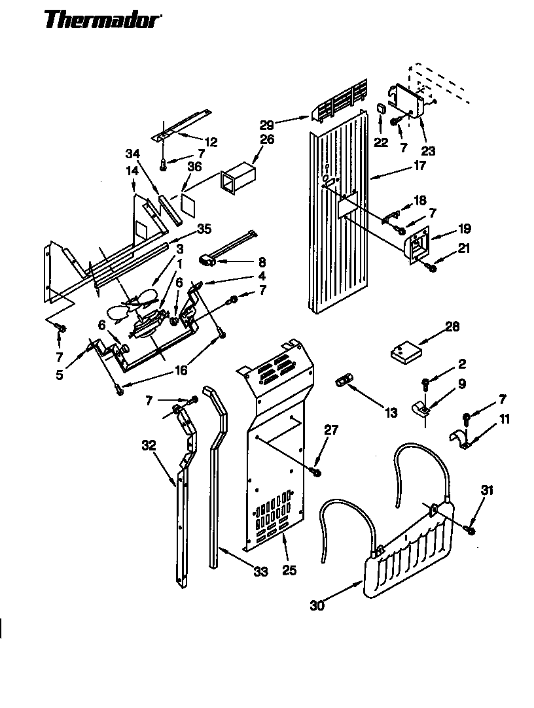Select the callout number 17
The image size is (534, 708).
pyautogui.click(x=419, y=166)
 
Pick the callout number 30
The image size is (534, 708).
pyautogui.click(x=317, y=605)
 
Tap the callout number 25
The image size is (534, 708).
pyautogui.click(x=289, y=571)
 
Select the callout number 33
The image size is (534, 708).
pyautogui.click(x=260, y=572)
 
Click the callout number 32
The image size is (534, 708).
pyautogui.click(x=149, y=446)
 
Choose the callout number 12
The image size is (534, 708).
pyautogui.click(x=211, y=141)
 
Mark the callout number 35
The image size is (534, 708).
pyautogui.click(x=205, y=229)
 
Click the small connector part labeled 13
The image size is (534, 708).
pyautogui.click(x=344, y=381)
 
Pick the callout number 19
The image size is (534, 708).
pyautogui.click(x=464, y=229)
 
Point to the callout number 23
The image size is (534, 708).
pyautogui.click(x=429, y=150)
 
